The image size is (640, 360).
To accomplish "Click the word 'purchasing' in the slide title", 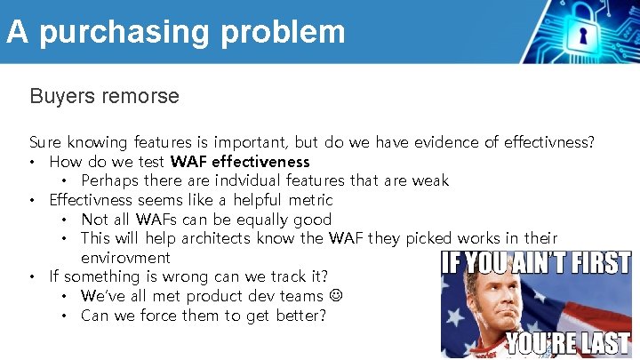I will [x=124, y=32].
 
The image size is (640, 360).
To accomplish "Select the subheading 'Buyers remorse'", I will [x=104, y=96].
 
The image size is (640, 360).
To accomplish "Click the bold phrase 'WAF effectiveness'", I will [x=240, y=162].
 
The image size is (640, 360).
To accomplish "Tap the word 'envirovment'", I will [x=125, y=258].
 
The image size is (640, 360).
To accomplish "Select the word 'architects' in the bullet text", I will [x=219, y=238].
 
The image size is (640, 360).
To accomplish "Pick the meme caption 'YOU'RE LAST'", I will [x=568, y=343].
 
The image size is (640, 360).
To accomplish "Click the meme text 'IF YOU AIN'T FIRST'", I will [x=536, y=264].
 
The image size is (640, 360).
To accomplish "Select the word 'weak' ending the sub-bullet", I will [x=429, y=180].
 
